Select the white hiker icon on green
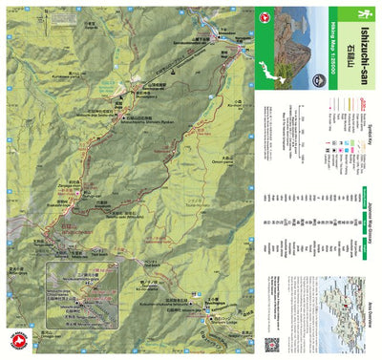click(x=362, y=12)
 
